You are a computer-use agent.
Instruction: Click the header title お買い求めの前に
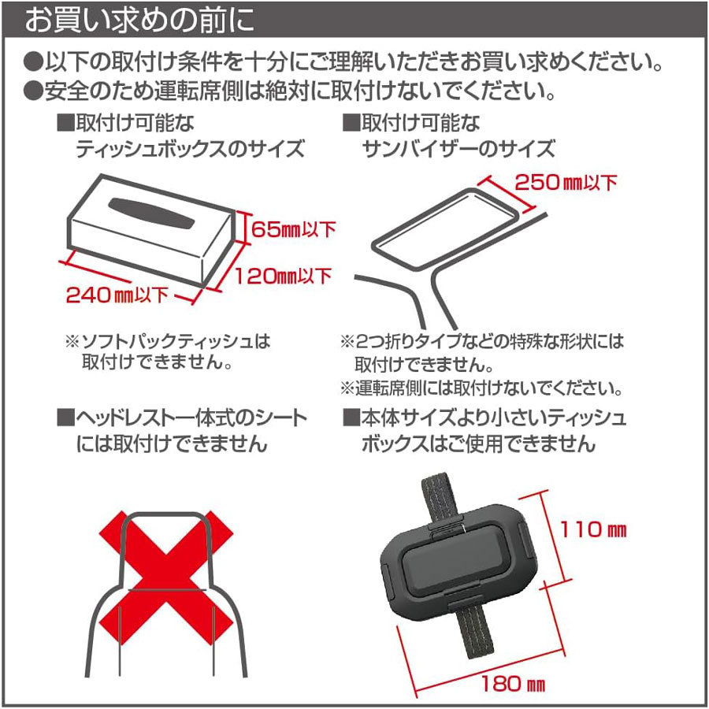coord(139,20)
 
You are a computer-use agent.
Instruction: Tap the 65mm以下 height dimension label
coord(294,229)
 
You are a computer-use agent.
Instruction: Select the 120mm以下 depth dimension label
coord(284,276)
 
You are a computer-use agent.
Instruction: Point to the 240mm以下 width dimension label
coord(117,295)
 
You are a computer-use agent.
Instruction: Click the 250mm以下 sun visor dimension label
coord(566,182)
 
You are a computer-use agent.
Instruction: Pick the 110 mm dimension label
coord(593,529)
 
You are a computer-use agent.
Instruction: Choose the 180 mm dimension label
coord(513,683)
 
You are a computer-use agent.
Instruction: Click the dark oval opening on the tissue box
coord(151,213)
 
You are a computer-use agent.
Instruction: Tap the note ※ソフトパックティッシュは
coord(168,341)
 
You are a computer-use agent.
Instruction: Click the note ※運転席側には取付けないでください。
coord(482,388)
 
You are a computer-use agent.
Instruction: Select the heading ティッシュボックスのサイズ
coord(191,149)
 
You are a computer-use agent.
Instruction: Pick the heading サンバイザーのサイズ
coord(458,149)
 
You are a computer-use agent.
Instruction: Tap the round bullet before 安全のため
coord(33,91)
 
